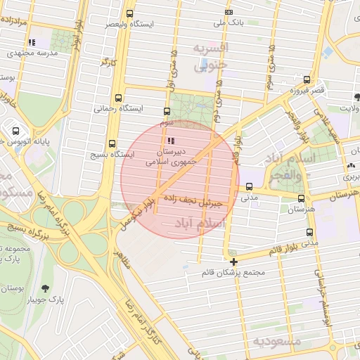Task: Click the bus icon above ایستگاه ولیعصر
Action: pyautogui.click(x=129, y=13)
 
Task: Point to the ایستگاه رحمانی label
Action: pyautogui.click(x=117, y=109)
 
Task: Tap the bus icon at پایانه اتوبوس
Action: pyautogui.click(x=15, y=131)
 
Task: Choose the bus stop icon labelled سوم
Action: pyautogui.click(x=167, y=111)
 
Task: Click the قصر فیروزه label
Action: pyautogui.click(x=307, y=91)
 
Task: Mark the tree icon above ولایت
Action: pyautogui.click(x=344, y=98)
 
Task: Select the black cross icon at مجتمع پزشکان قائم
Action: pyautogui.click(x=233, y=262)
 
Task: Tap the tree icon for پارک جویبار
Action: pyautogui.click(x=46, y=288)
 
